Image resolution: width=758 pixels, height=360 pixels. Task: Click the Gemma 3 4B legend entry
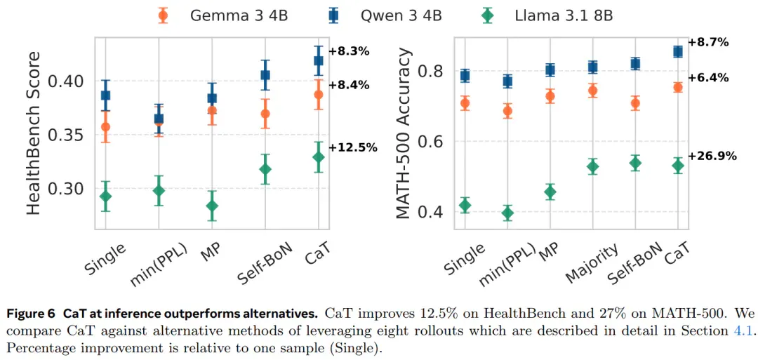click(x=223, y=15)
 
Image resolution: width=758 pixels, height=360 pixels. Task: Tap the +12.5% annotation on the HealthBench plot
click(x=353, y=147)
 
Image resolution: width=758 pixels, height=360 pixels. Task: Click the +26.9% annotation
click(x=713, y=156)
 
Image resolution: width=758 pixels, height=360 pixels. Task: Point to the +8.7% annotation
click(x=709, y=42)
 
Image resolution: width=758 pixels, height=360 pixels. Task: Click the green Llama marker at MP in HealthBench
click(x=212, y=206)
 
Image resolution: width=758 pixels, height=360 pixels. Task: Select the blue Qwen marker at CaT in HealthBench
click(x=319, y=60)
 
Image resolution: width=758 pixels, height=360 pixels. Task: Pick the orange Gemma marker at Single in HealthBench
click(x=105, y=127)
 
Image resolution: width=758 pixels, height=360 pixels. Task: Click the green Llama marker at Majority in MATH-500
click(x=592, y=167)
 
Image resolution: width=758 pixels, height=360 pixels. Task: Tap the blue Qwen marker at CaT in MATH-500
click(x=678, y=52)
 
